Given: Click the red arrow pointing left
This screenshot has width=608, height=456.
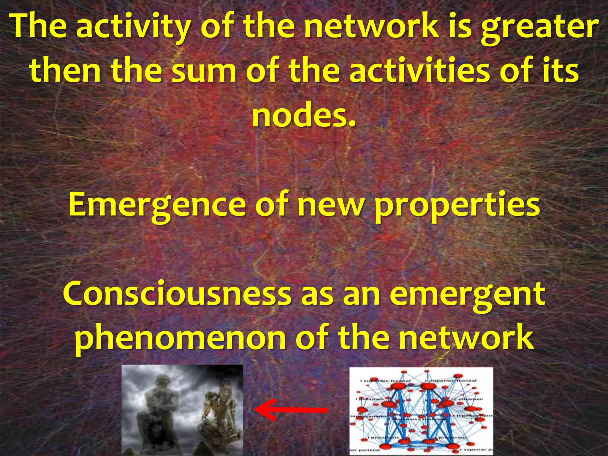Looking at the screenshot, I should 291,410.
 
